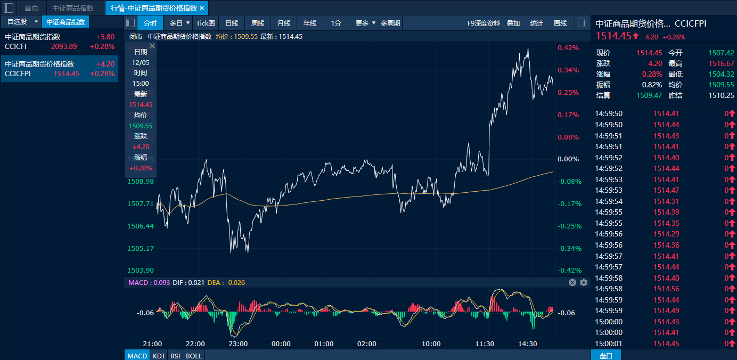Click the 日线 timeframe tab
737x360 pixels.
coord(232,23)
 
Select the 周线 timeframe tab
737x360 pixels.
coord(258,23)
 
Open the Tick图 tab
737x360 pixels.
coord(206,23)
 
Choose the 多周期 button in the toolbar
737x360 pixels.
coord(390,23)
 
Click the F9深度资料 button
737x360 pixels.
coord(484,23)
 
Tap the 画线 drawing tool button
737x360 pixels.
coord(560,23)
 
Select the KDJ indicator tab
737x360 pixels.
coord(159,355)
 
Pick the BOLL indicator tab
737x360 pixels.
coord(193,355)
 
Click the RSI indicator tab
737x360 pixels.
coord(175,355)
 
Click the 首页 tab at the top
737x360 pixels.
coord(31,8)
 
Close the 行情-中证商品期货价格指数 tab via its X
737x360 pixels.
coord(202,8)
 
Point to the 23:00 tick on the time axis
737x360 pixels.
coord(238,343)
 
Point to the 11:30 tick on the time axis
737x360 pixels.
coord(485,343)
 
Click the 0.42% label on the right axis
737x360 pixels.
coord(568,48)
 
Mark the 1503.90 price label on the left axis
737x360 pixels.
coord(141,271)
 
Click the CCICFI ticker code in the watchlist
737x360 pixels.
coord(16,46)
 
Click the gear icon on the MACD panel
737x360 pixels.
coord(584,282)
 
